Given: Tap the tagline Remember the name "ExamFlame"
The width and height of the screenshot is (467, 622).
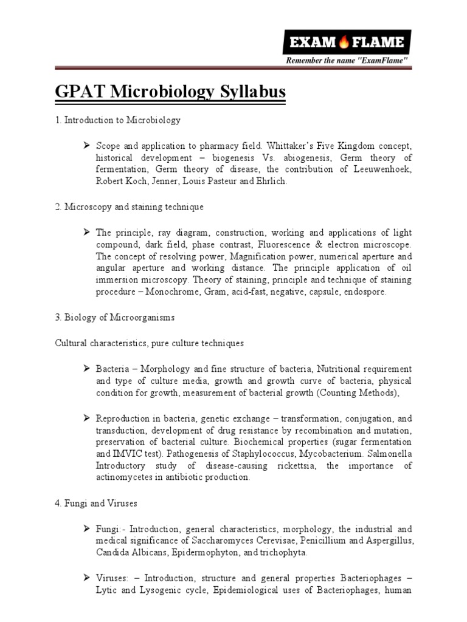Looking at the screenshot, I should [x=347, y=61].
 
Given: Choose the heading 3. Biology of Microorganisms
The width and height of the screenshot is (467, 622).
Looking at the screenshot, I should [x=112, y=317].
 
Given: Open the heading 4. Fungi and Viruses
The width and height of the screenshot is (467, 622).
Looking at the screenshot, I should [x=94, y=503].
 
